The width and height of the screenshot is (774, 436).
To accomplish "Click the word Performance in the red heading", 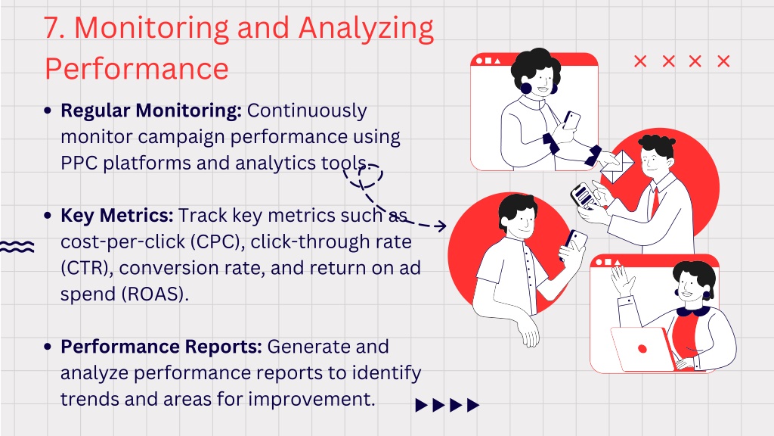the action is click(137, 69).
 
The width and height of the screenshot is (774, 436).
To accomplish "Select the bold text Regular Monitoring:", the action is click(151, 111).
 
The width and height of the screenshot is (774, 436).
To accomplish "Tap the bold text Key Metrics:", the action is click(117, 216).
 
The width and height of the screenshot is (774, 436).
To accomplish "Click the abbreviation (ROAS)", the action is click(155, 294).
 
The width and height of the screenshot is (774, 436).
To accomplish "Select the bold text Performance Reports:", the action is click(161, 347).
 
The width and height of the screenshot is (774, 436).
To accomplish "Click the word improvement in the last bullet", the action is click(311, 400).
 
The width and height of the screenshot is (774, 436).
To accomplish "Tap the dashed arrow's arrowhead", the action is click(441, 226).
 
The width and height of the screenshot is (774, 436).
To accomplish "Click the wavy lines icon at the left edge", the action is click(17, 247).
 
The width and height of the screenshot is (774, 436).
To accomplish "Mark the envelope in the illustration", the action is click(617, 166).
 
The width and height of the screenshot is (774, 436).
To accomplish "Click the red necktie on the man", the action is click(655, 201).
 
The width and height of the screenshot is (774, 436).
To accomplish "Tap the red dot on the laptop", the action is click(642, 349).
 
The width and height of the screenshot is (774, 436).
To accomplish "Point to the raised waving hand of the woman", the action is click(623, 280).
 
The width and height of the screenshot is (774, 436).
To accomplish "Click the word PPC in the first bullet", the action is click(79, 163).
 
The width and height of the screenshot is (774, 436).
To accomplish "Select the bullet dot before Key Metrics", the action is click(48, 216).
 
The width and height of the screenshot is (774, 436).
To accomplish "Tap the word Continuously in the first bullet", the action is click(307, 111).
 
